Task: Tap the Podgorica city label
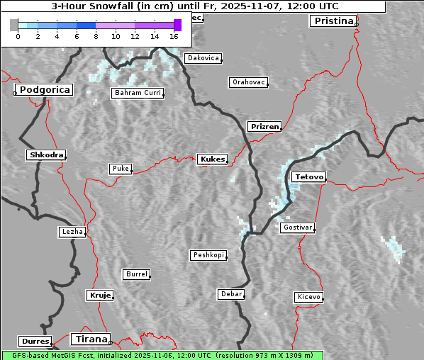pyautogui.click(x=44, y=90)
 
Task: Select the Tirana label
pyautogui.click(x=90, y=339)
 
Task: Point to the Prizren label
pyautogui.click(x=265, y=127)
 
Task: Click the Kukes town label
pyautogui.click(x=212, y=159)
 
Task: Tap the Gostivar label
pyautogui.click(x=297, y=227)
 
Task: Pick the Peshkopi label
pyautogui.click(x=208, y=255)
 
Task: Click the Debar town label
pyautogui.click(x=231, y=294)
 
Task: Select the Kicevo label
pyautogui.click(x=308, y=297)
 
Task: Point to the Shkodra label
pyautogui.click(x=46, y=155)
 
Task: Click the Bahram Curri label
pyautogui.click(x=138, y=93)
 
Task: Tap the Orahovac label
pyautogui.click(x=248, y=83)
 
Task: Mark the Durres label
pyautogui.click(x=35, y=342)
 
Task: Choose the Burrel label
pyautogui.click(x=136, y=274)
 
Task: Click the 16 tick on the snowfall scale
pyautogui.click(x=174, y=35)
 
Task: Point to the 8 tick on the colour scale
pyautogui.click(x=96, y=35)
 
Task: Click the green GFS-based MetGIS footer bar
pyautogui.click(x=162, y=355)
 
